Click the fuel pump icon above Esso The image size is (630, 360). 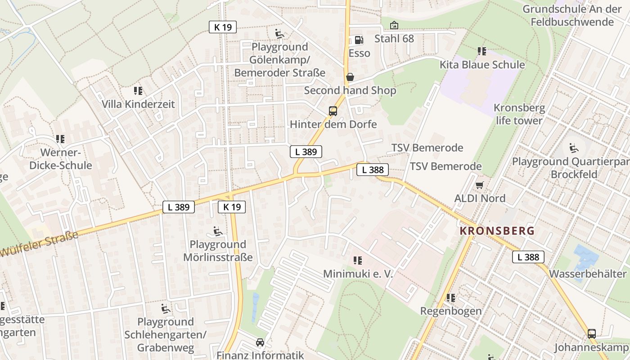click(359, 40)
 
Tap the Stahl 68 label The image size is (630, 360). click(394, 38)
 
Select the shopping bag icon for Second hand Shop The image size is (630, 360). click(350, 77)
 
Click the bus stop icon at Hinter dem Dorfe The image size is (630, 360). click(333, 111)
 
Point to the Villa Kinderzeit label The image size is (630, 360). click(138, 104)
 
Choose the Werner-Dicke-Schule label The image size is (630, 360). click(60, 158)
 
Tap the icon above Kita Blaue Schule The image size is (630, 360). click(482, 51)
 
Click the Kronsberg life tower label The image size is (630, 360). click(519, 114)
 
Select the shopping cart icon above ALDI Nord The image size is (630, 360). click(480, 185)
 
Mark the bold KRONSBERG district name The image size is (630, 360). click(497, 231)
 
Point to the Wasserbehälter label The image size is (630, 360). click(588, 274)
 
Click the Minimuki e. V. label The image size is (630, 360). click(358, 274)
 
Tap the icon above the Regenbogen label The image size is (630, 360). click(450, 298)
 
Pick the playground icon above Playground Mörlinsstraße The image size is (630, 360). click(218, 232)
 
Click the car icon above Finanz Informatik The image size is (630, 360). click(260, 342)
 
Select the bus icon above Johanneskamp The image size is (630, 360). click(592, 334)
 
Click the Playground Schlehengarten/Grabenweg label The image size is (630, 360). click(165, 335)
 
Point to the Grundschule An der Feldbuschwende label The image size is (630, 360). click(572, 15)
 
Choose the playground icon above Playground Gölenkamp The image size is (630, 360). click(279, 34)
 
